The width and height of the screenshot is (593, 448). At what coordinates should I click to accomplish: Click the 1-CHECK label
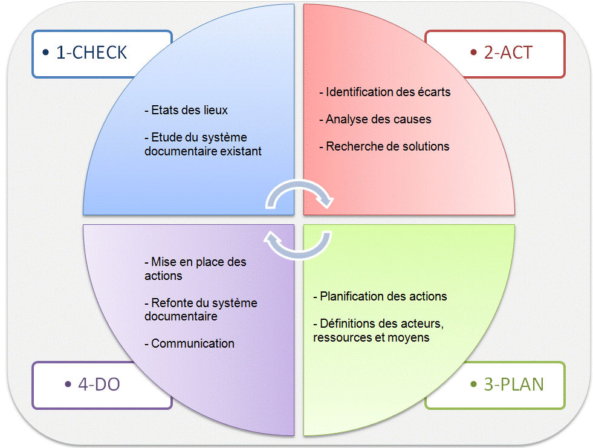click(91, 53)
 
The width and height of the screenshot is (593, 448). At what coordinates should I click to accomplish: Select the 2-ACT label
click(508, 53)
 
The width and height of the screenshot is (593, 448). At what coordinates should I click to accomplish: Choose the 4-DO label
click(99, 384)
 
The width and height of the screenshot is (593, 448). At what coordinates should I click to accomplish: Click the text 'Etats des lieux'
click(186, 111)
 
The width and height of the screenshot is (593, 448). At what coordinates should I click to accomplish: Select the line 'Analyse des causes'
click(375, 119)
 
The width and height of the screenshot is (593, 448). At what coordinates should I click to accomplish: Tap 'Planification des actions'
click(380, 296)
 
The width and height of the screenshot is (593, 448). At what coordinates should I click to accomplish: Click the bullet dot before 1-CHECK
click(46, 53)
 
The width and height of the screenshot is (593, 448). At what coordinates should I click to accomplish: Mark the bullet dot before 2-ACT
click(473, 53)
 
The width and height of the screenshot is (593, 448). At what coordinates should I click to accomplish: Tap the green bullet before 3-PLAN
click(473, 385)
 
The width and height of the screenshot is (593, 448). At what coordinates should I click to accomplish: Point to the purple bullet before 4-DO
click(67, 385)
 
